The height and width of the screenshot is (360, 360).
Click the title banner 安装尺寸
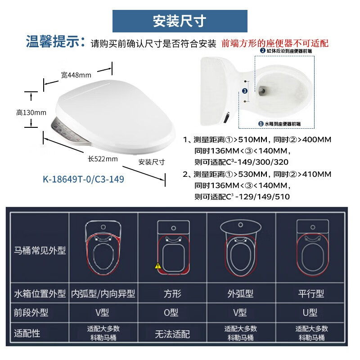point(180,21)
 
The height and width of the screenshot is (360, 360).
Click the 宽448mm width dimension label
point(76,75)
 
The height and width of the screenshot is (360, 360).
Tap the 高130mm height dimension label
point(31,112)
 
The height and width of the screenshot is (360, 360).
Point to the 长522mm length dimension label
point(103,158)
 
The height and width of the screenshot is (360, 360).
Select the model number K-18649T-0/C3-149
point(83,179)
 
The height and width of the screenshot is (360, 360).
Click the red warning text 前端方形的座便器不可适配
point(275,44)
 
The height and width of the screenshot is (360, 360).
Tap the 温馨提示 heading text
point(55,43)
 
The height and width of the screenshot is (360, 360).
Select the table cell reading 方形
point(172,294)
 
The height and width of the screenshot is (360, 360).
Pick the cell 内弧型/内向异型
point(103,294)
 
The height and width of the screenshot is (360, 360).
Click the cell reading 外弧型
point(240,294)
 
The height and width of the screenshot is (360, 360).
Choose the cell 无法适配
point(172,334)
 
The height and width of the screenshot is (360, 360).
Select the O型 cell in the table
point(172,312)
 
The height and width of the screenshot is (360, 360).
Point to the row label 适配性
point(27,333)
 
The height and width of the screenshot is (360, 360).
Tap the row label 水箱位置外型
point(40,294)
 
